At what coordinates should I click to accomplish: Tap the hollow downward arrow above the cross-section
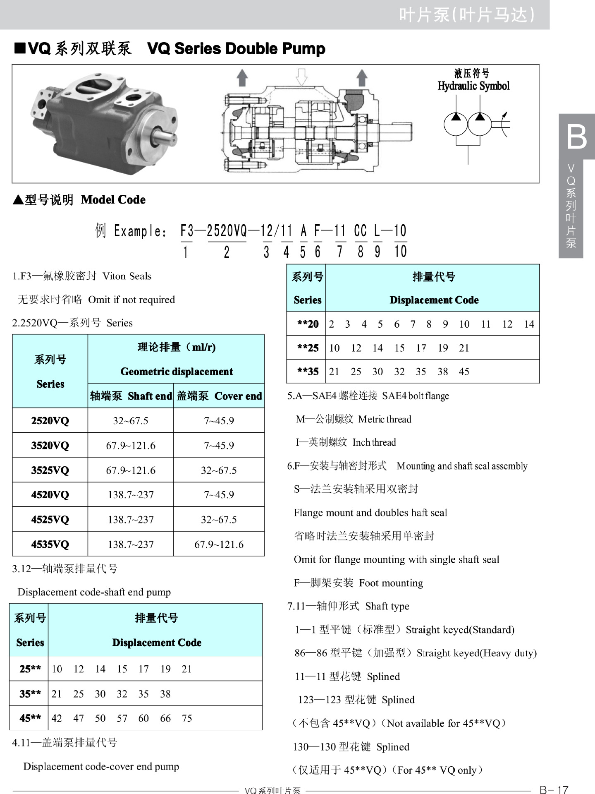click(302, 77)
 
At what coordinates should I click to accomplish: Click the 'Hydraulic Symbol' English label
click(473, 86)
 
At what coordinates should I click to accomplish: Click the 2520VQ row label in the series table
click(50, 421)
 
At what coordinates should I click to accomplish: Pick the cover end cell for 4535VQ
click(219, 544)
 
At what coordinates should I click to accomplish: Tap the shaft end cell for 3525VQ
click(131, 470)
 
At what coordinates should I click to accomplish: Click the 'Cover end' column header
click(238, 396)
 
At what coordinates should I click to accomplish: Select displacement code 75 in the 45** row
click(187, 718)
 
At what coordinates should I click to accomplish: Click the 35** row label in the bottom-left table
click(30, 693)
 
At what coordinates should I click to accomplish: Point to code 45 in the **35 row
click(464, 372)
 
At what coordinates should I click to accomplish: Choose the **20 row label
click(308, 324)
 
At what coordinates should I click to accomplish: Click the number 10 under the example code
click(400, 251)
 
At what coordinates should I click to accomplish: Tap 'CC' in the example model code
click(361, 231)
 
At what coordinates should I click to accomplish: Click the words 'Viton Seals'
click(127, 276)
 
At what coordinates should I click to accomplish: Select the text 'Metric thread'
click(385, 419)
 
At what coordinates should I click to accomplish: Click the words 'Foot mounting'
click(391, 583)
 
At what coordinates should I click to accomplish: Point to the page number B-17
click(554, 789)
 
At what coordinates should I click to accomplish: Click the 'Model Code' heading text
click(113, 200)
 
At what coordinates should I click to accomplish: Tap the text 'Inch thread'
click(374, 442)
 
